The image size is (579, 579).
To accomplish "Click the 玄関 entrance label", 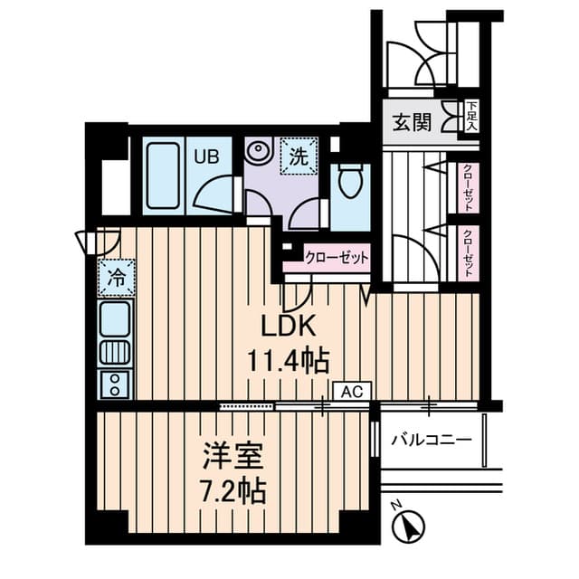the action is (412, 123).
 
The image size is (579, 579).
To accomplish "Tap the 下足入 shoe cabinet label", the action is (471, 117).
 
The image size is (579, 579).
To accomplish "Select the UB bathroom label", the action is (207, 157).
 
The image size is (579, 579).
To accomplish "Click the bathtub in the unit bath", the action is (163, 176).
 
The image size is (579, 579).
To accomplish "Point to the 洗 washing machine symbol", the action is (299, 156).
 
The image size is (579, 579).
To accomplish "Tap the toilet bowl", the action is (350, 181).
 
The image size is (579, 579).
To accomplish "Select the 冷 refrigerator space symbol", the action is (117, 278).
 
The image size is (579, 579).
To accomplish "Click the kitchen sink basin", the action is (115, 318).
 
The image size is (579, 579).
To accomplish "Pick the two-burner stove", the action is (115, 384).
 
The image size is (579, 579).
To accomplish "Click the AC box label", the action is (352, 392).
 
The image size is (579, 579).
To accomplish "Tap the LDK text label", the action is (289, 326).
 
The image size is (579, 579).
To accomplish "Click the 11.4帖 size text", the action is (288, 361).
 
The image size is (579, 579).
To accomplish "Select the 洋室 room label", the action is (233, 456).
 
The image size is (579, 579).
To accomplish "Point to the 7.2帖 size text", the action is (233, 491).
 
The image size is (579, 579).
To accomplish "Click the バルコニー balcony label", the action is (432, 441).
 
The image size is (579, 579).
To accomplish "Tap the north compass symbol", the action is (408, 525).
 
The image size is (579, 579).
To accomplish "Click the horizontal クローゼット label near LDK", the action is (337, 258).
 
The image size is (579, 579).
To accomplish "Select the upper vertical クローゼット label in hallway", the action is (468, 187).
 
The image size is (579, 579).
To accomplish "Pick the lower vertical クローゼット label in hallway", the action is (468, 253).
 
